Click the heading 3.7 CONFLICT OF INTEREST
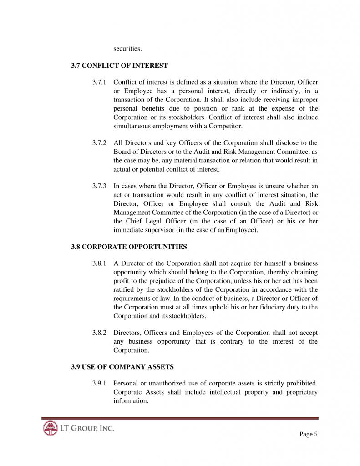point(119,66)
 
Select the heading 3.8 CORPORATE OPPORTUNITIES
point(129,247)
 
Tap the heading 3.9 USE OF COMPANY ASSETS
point(122,367)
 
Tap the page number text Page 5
point(309,434)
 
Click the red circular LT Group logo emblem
point(50,428)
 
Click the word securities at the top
point(127,49)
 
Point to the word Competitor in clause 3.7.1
point(226,126)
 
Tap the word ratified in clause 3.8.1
point(123,290)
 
